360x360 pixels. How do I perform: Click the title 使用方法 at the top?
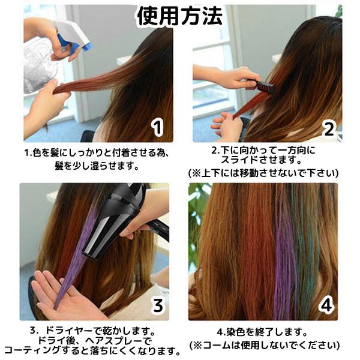pyautogui.click(x=180, y=16)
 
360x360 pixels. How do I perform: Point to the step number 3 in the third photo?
pyautogui.click(x=157, y=305)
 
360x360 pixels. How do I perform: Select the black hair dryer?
pyautogui.click(x=123, y=216)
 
